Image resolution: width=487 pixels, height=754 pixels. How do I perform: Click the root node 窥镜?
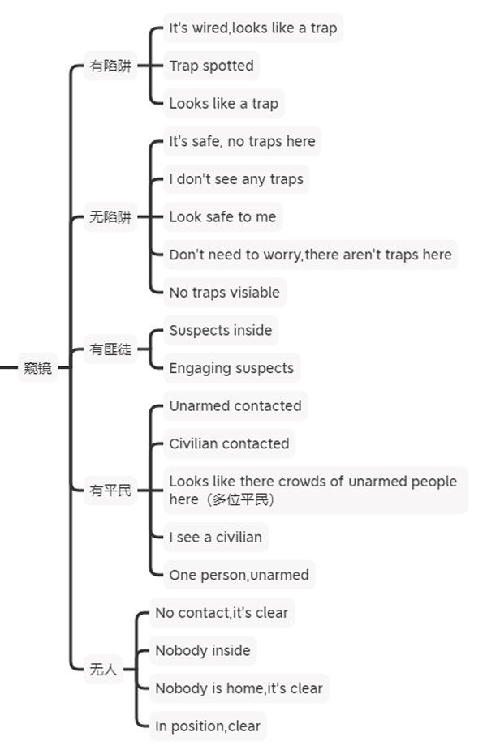[37, 368]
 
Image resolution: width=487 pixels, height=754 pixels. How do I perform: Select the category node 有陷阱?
[110, 66]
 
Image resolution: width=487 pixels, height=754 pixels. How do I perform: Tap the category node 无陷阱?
[110, 216]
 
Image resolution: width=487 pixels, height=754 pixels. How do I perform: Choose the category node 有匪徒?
[110, 349]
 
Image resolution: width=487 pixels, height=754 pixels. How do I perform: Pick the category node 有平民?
[110, 490]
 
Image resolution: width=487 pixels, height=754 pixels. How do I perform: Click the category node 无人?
[103, 669]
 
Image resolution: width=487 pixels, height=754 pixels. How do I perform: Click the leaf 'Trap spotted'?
[211, 66]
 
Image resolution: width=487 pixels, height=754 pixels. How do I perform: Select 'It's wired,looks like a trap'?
[253, 28]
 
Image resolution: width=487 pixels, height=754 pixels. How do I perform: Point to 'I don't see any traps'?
[236, 179]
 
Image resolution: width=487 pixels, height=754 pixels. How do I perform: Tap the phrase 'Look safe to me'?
[223, 216]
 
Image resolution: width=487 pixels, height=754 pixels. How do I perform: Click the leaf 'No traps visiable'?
[225, 292]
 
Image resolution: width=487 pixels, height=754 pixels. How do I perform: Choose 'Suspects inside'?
[221, 330]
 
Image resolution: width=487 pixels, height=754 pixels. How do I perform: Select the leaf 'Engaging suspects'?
[231, 368]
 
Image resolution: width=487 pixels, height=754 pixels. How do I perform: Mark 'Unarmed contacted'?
[235, 405]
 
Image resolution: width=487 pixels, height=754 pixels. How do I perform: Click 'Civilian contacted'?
[229, 443]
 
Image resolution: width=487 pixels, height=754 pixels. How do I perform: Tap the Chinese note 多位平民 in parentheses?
[240, 499]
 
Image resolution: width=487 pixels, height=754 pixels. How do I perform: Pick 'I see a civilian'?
[216, 537]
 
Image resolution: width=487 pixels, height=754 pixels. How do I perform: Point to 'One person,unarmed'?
[239, 575]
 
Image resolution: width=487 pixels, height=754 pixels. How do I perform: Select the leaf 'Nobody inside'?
[203, 650]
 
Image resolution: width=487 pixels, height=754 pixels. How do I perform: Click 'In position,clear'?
[208, 726]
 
